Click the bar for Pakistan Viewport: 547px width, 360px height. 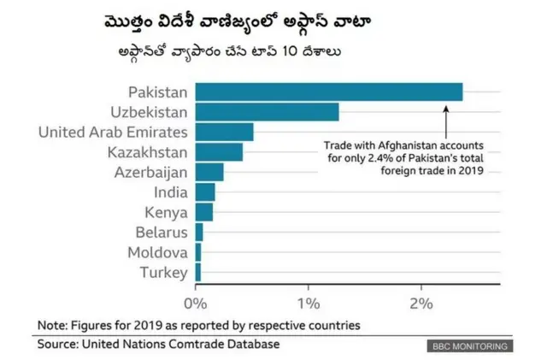click(x=329, y=92)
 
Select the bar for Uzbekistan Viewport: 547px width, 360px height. click(x=267, y=112)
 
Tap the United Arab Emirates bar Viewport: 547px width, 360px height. click(x=224, y=132)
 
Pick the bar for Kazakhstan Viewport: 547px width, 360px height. click(x=219, y=152)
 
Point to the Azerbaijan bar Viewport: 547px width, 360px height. click(x=209, y=172)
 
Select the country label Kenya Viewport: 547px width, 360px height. click(x=162, y=212)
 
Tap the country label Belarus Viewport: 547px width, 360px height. click(x=162, y=232)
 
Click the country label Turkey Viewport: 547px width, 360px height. click(x=163, y=272)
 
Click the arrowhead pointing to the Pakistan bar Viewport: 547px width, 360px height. click(x=445, y=106)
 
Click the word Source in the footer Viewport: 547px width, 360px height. click(x=56, y=344)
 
